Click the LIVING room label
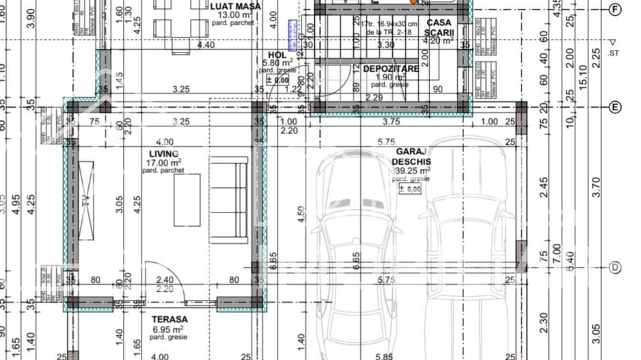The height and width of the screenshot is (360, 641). [x=164, y=154]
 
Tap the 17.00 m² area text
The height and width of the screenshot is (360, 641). [x=165, y=163]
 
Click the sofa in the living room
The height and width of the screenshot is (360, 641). [x=229, y=199]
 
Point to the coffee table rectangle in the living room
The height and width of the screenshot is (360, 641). [x=187, y=199]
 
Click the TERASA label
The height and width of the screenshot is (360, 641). [x=170, y=319]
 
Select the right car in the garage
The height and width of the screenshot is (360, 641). [x=467, y=253]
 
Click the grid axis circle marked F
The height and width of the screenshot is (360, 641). [x=615, y=9]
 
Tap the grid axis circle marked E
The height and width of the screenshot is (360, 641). [x=615, y=107]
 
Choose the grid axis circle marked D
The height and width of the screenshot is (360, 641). [x=615, y=267]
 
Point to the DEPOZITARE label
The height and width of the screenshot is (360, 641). [x=391, y=69]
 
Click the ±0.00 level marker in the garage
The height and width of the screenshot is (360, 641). [x=410, y=189]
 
